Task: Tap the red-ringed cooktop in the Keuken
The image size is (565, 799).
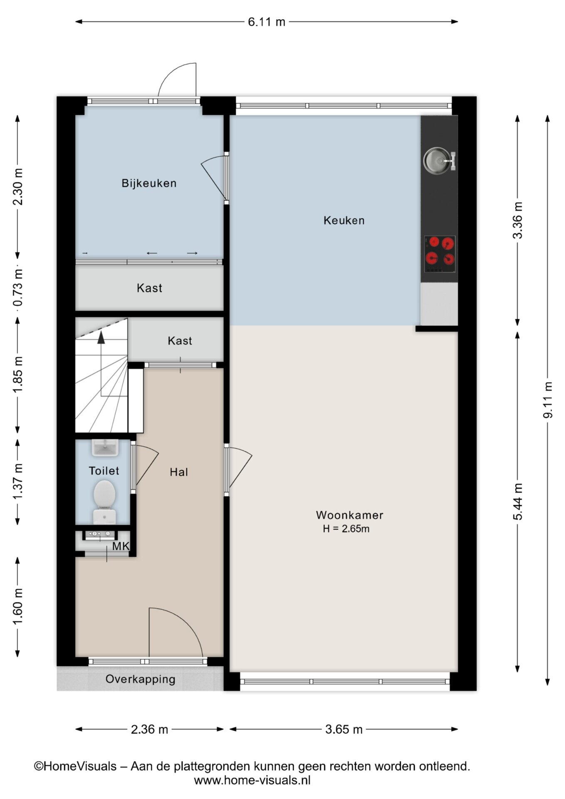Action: [x=440, y=254]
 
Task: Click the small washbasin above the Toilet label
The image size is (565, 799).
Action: [x=105, y=448]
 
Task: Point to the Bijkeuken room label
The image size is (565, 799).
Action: [x=149, y=183]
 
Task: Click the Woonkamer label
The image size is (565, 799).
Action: [x=349, y=515]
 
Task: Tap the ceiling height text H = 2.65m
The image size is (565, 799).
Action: [x=346, y=529]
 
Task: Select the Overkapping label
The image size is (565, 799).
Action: [x=140, y=679]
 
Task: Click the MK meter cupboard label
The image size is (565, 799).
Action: [x=121, y=546]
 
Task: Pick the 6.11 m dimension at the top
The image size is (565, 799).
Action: [x=267, y=22]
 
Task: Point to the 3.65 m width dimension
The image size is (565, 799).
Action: [x=344, y=729]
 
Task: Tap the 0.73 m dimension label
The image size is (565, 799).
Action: [x=18, y=287]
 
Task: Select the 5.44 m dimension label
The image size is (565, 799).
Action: [x=518, y=501]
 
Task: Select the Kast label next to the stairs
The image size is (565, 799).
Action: [x=180, y=341]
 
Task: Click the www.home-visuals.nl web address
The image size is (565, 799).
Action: [x=252, y=780]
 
